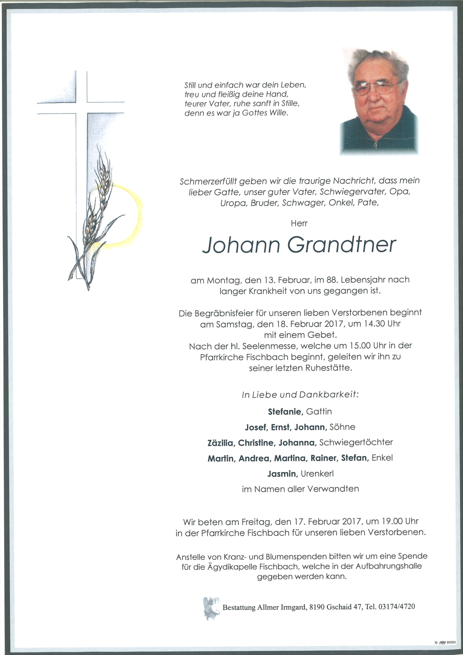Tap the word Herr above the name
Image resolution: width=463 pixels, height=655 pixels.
299,223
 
